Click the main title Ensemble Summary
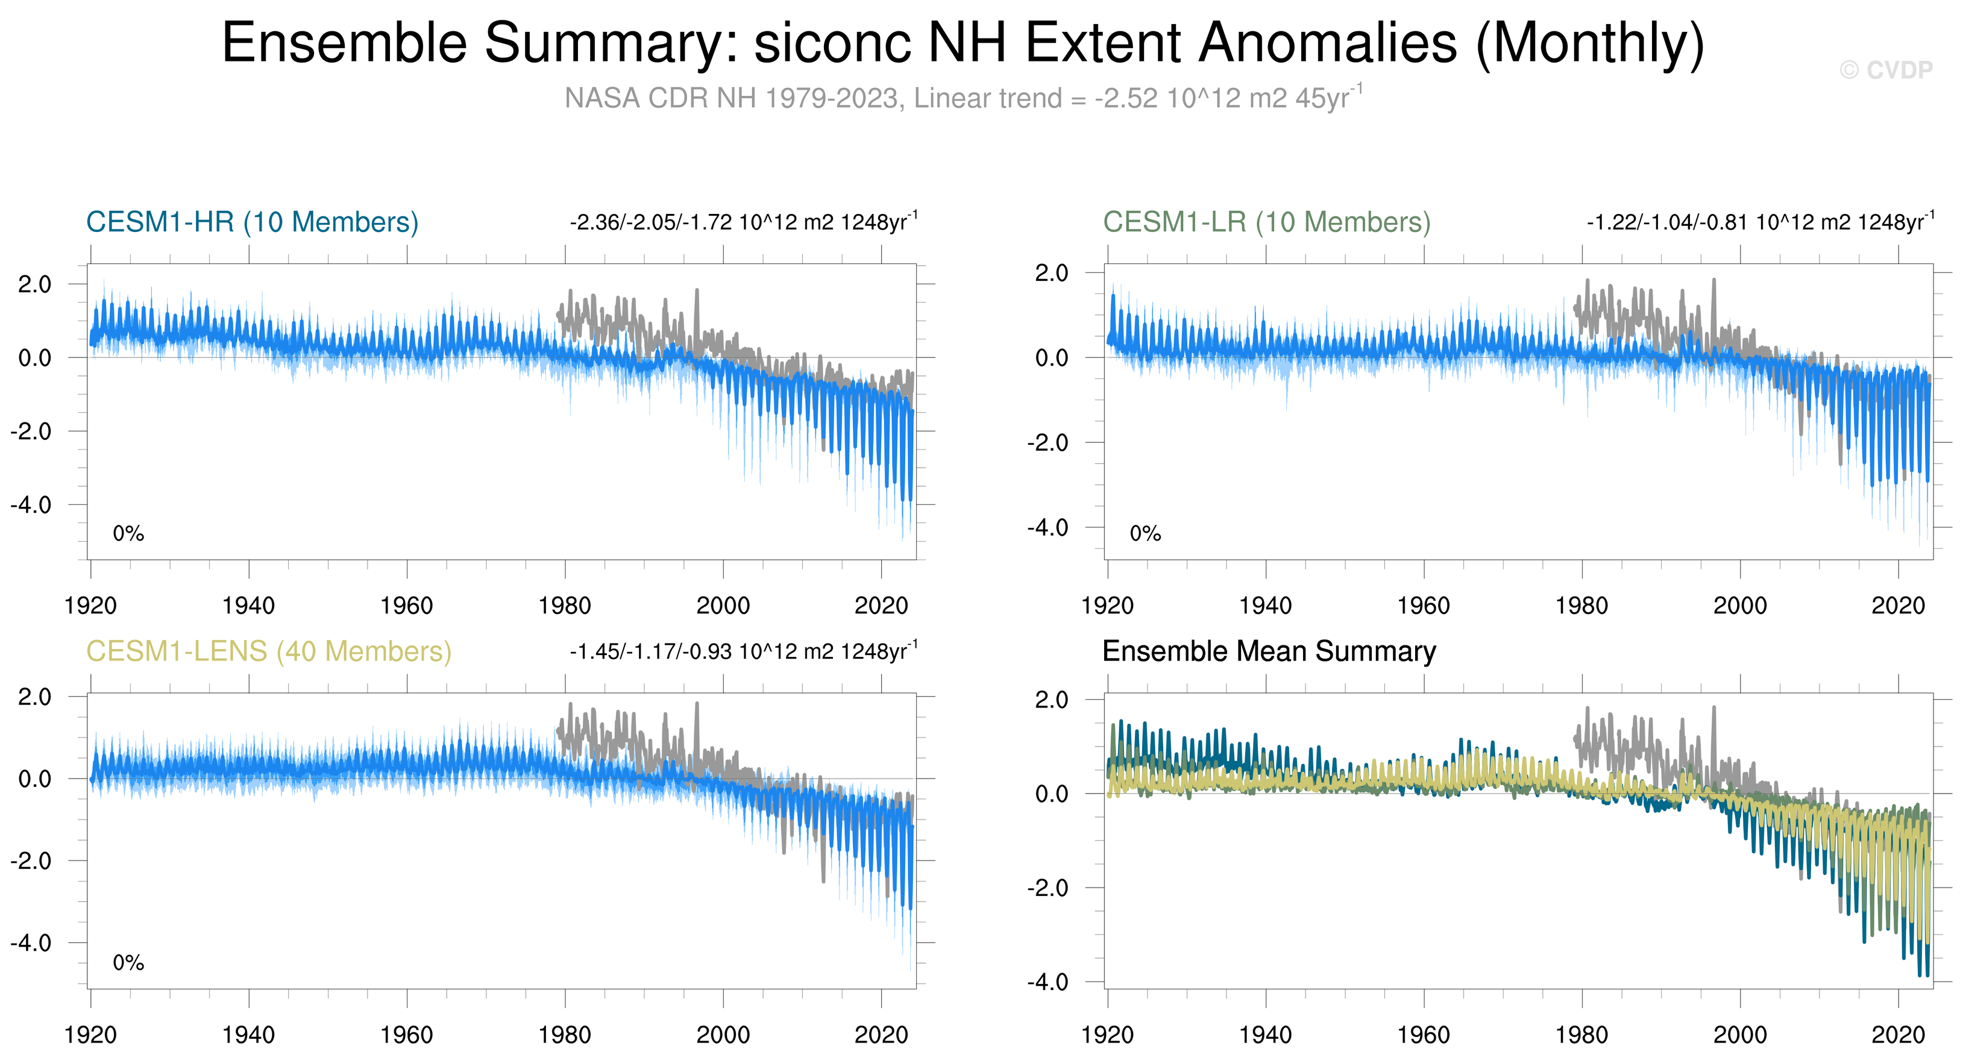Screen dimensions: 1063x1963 point(963,43)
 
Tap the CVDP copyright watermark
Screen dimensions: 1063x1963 point(1885,70)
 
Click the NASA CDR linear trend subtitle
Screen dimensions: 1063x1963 point(963,98)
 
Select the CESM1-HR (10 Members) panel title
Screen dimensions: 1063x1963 point(253,222)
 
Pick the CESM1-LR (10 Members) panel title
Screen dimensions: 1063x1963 point(1266,222)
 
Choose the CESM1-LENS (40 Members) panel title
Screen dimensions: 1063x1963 point(268,651)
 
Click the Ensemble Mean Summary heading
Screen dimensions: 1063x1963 point(1269,651)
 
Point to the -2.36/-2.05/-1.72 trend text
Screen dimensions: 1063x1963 point(743,222)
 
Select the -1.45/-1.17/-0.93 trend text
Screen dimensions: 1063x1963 point(743,652)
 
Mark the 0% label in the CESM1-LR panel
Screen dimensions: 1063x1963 point(1145,533)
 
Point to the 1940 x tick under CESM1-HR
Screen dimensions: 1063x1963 point(248,606)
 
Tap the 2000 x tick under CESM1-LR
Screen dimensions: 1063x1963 point(1740,606)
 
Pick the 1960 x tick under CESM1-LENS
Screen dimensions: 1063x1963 point(406,1035)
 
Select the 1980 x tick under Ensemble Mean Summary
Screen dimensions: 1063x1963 point(1581,1035)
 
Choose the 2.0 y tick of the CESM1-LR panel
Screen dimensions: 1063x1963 point(1052,273)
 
